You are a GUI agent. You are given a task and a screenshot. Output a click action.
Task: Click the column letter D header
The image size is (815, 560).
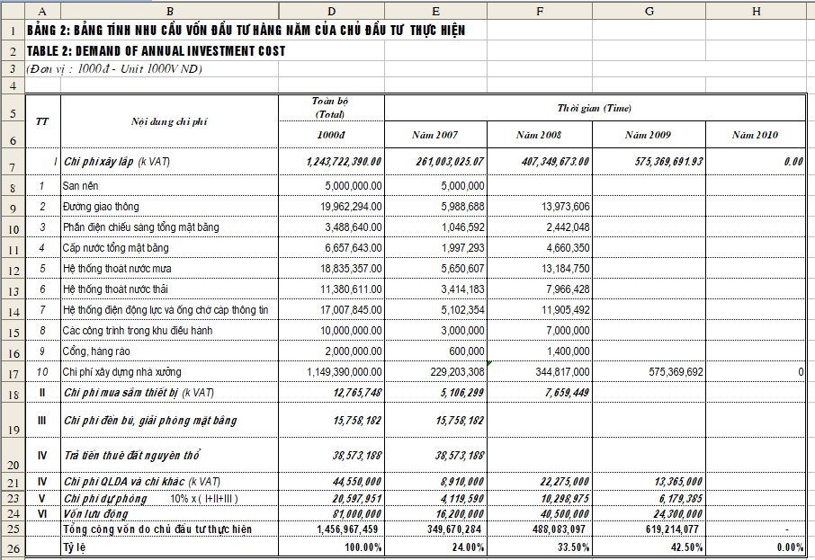331,9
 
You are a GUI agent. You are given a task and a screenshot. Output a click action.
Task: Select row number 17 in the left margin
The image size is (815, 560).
13,371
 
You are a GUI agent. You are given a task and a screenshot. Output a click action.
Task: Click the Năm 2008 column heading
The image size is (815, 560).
538,135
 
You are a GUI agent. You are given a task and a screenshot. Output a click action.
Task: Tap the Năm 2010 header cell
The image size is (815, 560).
755,135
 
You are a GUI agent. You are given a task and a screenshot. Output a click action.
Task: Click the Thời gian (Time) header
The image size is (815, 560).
594,108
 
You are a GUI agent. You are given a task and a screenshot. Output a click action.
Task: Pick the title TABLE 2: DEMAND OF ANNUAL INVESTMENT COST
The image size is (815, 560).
157,51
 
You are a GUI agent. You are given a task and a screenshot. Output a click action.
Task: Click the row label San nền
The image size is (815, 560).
81,186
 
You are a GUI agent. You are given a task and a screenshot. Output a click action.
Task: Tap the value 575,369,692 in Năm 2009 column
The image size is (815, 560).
670,371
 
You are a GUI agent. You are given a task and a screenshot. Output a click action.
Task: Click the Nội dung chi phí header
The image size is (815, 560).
169,121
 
